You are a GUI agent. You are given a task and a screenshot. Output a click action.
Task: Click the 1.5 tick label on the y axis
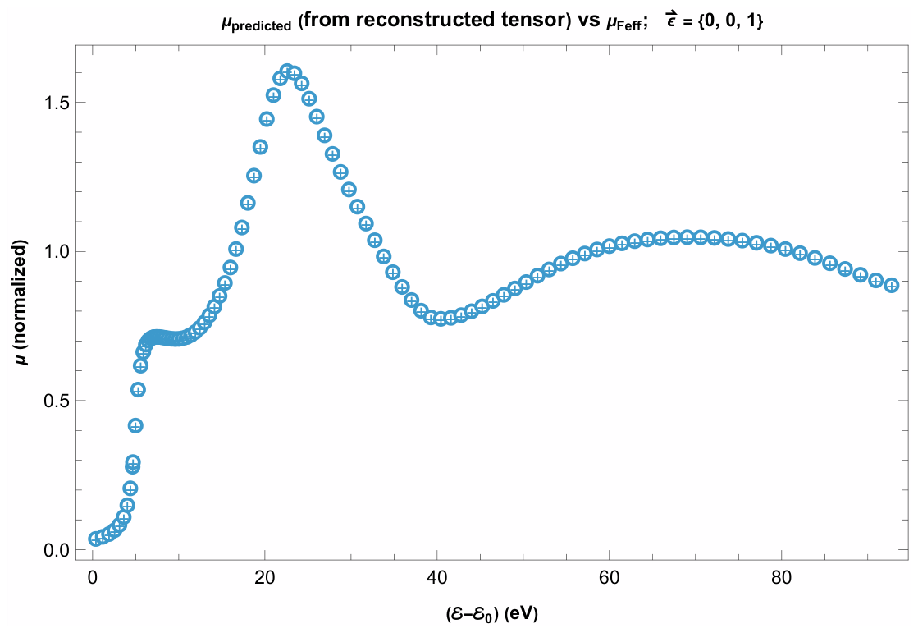click(x=57, y=102)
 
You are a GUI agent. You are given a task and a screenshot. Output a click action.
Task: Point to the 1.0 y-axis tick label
click(x=57, y=251)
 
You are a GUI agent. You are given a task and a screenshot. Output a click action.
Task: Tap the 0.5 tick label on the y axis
click(x=57, y=401)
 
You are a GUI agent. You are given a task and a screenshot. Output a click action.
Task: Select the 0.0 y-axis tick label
click(x=57, y=550)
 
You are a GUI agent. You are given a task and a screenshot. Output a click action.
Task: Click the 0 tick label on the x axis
click(x=93, y=578)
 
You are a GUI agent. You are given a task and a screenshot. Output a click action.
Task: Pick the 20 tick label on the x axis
click(x=265, y=578)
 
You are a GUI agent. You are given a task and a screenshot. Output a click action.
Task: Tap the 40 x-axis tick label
click(x=436, y=578)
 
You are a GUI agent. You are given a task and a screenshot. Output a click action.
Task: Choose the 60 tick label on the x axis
click(x=609, y=578)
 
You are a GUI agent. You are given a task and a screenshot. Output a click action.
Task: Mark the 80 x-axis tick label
click(x=781, y=578)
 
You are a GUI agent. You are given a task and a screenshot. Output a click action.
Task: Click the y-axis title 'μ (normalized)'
click(x=21, y=302)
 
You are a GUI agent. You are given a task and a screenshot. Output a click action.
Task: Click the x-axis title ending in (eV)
click(x=491, y=613)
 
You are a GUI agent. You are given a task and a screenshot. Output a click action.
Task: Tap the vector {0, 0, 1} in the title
click(x=727, y=21)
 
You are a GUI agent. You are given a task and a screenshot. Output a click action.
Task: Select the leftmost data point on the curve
click(x=95, y=539)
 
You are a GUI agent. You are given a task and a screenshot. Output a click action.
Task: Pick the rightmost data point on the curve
click(x=892, y=286)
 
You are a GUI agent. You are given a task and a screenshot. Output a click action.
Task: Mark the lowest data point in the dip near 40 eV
click(x=441, y=319)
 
